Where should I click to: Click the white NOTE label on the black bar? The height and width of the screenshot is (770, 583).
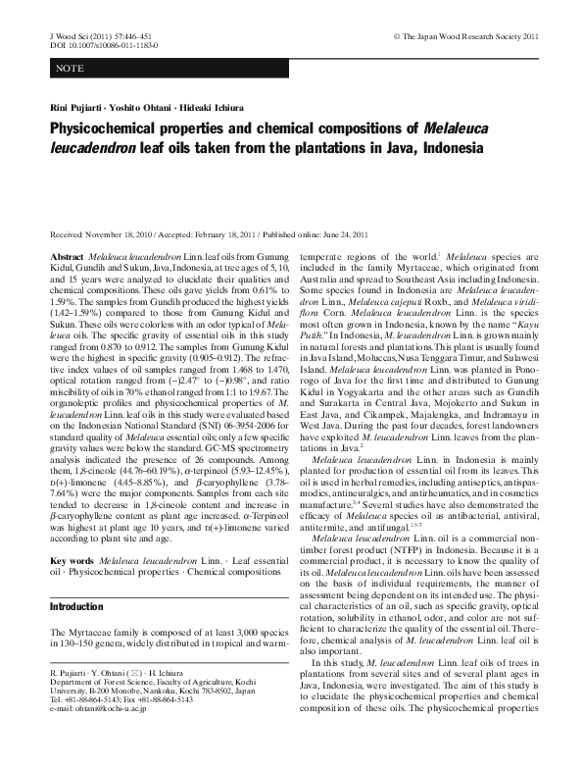[70, 68]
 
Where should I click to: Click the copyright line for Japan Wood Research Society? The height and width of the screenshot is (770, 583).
[465, 36]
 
